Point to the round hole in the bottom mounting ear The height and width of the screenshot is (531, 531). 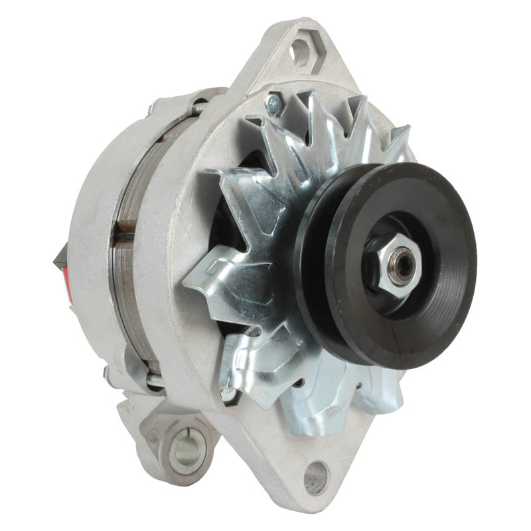[316, 476]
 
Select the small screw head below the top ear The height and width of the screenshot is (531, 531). [273, 100]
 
